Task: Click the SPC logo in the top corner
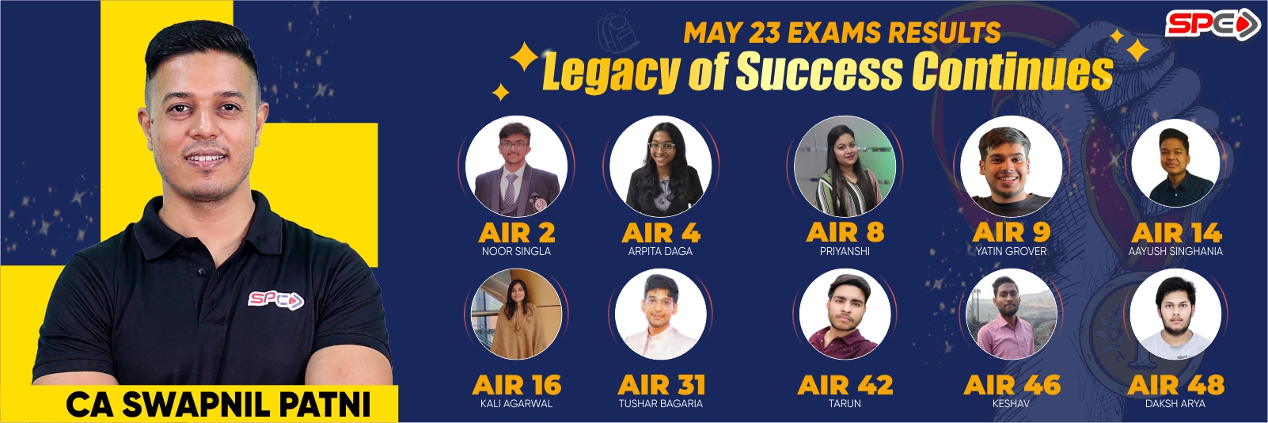(1212, 25)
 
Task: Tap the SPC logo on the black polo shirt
(275, 300)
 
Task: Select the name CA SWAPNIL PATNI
(218, 404)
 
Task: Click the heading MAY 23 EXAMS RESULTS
(841, 32)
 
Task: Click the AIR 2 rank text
(516, 233)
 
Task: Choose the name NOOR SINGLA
(516, 251)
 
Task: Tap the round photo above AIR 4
(661, 166)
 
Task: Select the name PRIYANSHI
(845, 251)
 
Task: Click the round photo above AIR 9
(1011, 166)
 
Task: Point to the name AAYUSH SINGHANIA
(1175, 251)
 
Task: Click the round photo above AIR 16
(516, 314)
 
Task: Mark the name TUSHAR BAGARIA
(661, 404)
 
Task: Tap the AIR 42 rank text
(845, 385)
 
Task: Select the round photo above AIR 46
(1011, 314)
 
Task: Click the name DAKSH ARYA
(1175, 404)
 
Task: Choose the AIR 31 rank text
(661, 385)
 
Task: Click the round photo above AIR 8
(845, 166)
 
